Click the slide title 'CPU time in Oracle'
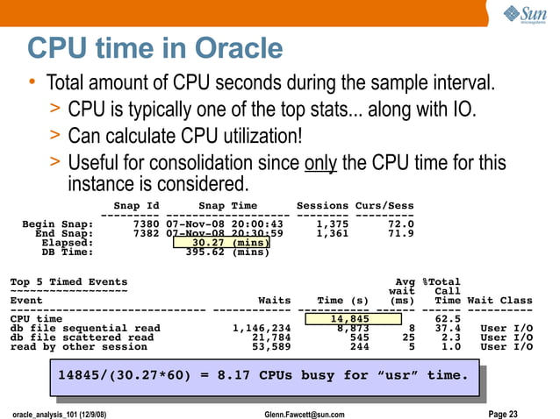pyautogui.click(x=154, y=48)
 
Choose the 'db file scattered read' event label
pyautogui.click(x=82, y=337)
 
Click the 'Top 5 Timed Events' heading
pyautogui.click(x=68, y=281)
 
